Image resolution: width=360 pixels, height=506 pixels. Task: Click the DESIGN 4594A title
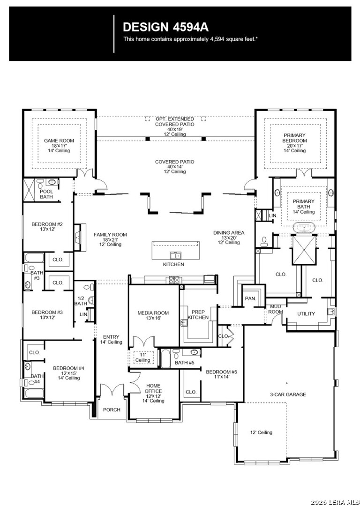(x=165, y=27)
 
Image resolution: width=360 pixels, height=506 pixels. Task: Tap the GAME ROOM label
(x=59, y=141)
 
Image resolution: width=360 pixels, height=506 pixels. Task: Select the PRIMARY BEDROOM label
(x=295, y=138)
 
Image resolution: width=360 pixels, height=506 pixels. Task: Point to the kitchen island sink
(x=176, y=256)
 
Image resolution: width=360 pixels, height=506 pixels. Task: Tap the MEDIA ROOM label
(x=153, y=313)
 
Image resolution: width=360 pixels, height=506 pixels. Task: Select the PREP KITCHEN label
(x=199, y=315)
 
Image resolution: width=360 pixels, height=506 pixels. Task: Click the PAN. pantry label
(x=250, y=299)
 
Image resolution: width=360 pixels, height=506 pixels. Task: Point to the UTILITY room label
(x=306, y=313)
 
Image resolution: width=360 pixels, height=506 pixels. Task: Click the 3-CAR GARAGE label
(x=288, y=394)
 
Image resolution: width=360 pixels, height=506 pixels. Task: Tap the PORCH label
(x=112, y=410)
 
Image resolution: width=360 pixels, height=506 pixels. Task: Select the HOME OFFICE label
(x=153, y=388)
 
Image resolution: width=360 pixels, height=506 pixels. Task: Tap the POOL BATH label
(x=46, y=194)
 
